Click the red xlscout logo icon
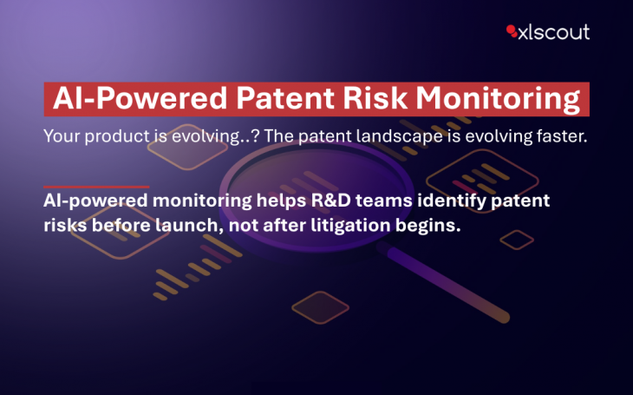[512, 31]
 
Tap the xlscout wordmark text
[554, 32]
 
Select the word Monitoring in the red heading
[499, 100]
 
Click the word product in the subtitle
[117, 136]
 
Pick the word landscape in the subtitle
[400, 136]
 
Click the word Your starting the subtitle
[62, 135]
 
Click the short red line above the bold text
[96, 187]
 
